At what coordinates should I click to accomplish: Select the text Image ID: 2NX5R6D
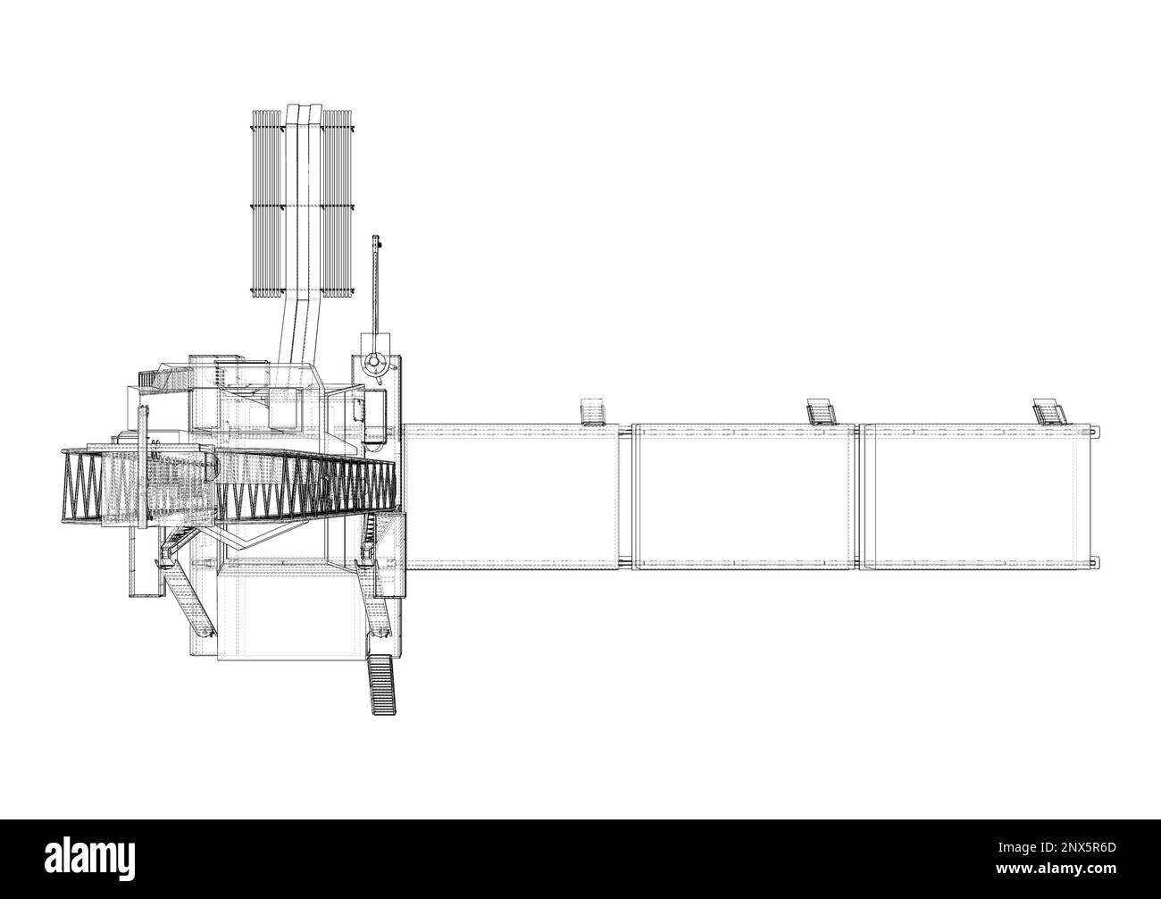click(1057, 848)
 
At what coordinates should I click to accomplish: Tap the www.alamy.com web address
click(1056, 870)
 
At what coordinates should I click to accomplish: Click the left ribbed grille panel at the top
click(266, 204)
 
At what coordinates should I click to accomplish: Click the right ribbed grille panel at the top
click(338, 204)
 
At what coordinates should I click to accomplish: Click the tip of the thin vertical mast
click(375, 237)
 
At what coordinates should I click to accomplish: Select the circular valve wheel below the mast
click(374, 363)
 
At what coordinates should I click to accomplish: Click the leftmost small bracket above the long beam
click(592, 412)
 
